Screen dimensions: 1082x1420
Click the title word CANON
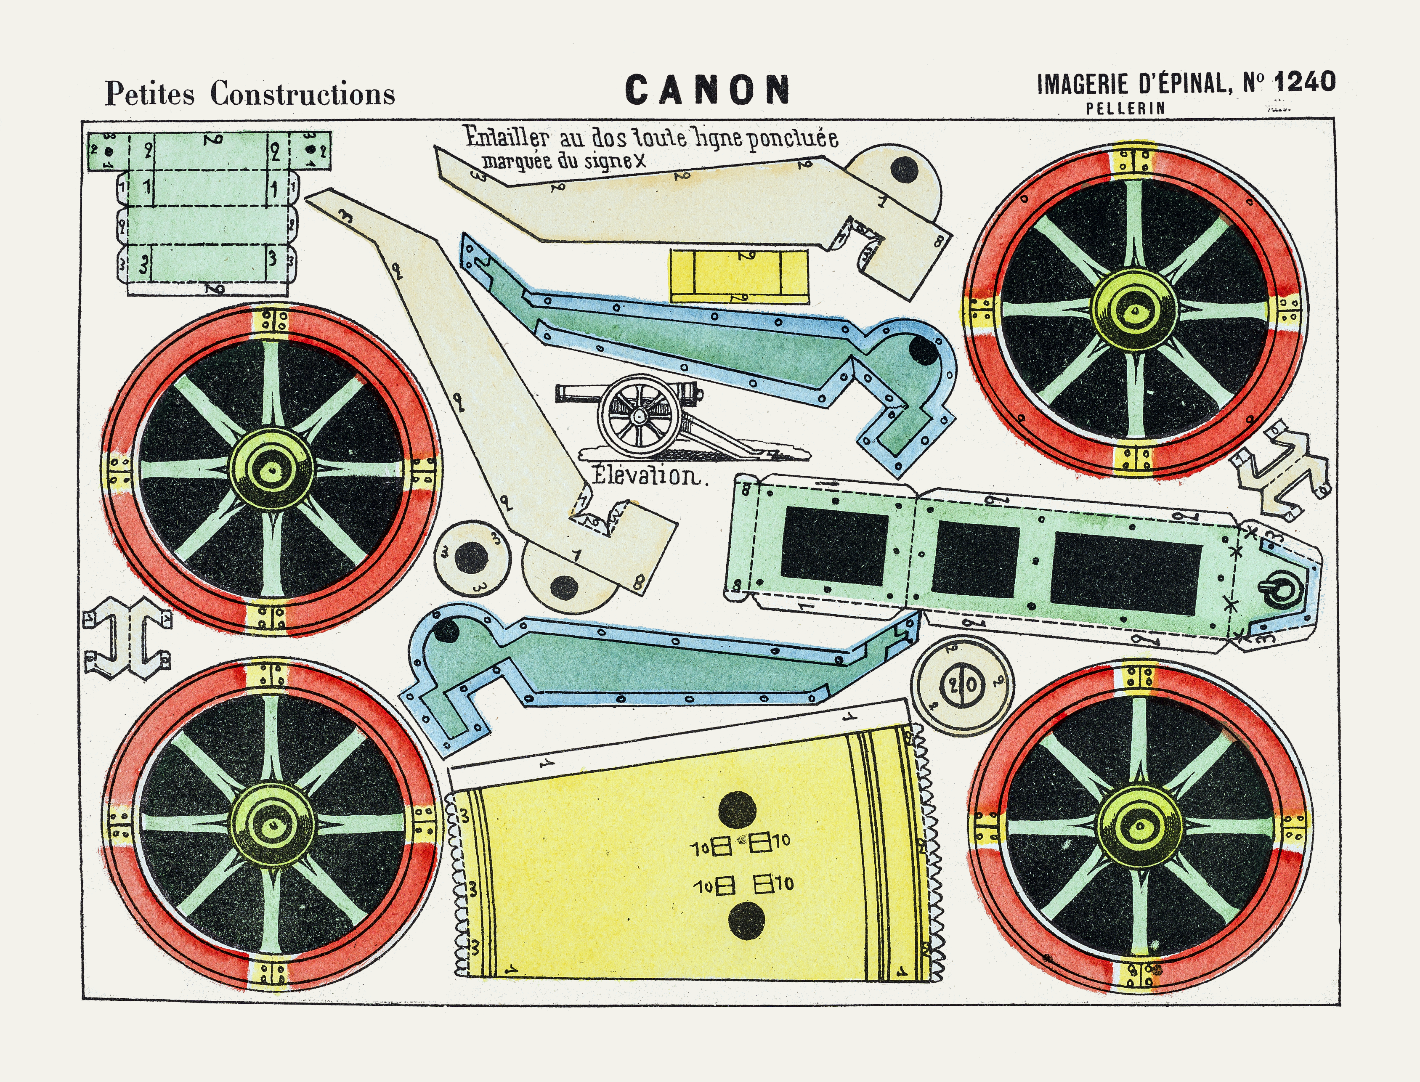click(707, 90)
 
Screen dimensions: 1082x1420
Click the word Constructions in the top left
click(302, 94)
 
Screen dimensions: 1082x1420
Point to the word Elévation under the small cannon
click(645, 477)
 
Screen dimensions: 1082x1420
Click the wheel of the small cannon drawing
click(638, 415)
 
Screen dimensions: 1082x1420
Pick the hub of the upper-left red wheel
click(271, 469)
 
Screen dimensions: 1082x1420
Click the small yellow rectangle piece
click(739, 276)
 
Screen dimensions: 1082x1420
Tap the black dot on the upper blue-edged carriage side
click(922, 351)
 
